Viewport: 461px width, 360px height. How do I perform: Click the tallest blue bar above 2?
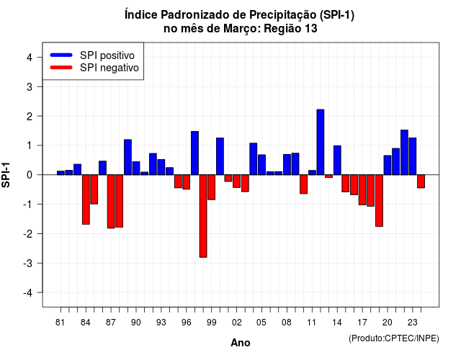(x=320, y=143)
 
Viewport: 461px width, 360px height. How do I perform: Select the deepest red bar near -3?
(x=203, y=216)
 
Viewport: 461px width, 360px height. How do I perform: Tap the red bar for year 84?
(x=86, y=199)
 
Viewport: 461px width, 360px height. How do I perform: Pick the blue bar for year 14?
(x=337, y=160)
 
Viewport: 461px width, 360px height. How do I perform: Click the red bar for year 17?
(x=362, y=190)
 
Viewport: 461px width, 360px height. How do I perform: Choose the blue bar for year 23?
(x=413, y=156)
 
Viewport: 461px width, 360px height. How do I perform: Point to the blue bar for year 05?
(x=261, y=165)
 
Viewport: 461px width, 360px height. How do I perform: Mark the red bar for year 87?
(x=111, y=202)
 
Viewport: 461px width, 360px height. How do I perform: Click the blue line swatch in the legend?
(x=61, y=55)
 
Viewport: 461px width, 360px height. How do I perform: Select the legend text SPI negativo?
(x=109, y=68)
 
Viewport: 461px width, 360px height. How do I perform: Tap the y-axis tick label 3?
(x=30, y=86)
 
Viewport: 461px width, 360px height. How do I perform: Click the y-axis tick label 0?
(x=30, y=175)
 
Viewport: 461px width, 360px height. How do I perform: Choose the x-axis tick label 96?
(x=186, y=323)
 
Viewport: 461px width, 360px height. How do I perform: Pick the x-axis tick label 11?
(x=312, y=323)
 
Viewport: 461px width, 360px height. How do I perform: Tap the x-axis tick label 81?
(x=60, y=323)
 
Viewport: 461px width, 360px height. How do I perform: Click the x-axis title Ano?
(x=241, y=343)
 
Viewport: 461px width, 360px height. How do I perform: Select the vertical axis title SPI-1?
(x=6, y=175)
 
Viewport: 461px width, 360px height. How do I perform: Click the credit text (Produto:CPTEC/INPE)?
(x=394, y=338)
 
